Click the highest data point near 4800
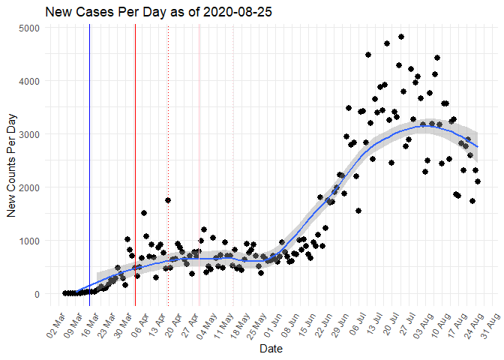point(401,37)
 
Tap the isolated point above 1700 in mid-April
point(168,200)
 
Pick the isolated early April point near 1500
point(144,213)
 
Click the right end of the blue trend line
point(477,146)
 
